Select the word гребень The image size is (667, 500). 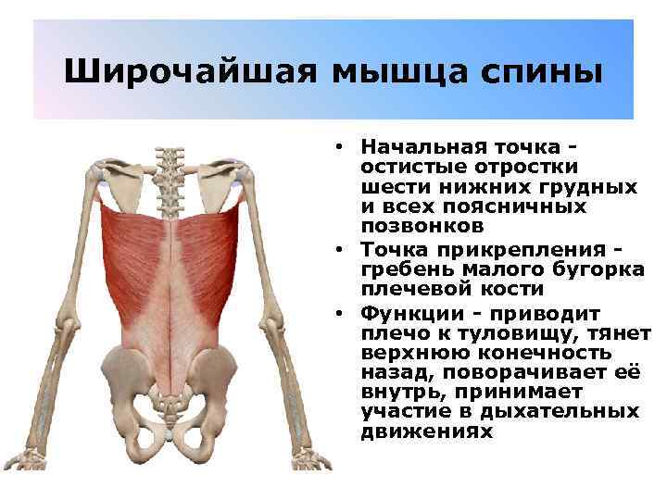click(x=401, y=269)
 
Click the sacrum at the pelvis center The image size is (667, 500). click(x=169, y=394)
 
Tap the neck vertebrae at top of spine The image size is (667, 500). click(x=169, y=162)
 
